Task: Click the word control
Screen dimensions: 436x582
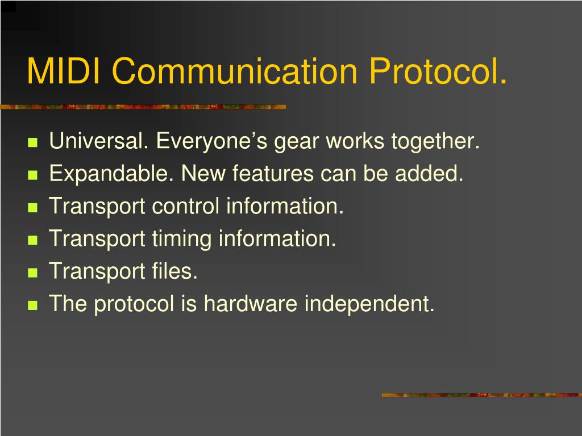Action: coord(185,206)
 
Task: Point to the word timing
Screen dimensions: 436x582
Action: coord(181,238)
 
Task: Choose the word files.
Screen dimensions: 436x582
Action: coord(175,271)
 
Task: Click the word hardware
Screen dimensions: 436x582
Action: coord(251,304)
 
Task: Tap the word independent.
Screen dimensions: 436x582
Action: coord(369,304)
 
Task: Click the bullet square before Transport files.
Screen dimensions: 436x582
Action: coord(32,272)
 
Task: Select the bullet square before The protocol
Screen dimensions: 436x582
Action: coord(32,305)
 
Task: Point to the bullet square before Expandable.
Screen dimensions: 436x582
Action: coord(32,175)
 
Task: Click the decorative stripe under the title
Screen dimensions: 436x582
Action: coord(143,106)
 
